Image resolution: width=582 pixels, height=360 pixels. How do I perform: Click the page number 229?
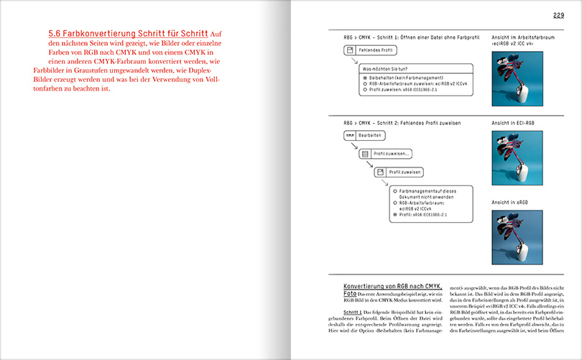pyautogui.click(x=558, y=15)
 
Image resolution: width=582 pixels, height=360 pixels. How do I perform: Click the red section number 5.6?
pyautogui.click(x=56, y=34)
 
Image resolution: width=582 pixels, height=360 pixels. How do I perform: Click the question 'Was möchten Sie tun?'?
pyautogui.click(x=388, y=70)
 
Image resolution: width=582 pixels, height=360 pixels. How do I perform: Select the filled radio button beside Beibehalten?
pyautogui.click(x=365, y=78)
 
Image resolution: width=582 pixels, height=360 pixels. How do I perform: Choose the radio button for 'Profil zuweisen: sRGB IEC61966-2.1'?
pyautogui.click(x=365, y=91)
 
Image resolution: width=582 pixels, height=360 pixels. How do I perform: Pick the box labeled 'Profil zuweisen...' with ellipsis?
pyautogui.click(x=386, y=154)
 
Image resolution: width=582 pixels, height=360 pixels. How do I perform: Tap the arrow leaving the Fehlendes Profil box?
pyautogui.click(x=352, y=61)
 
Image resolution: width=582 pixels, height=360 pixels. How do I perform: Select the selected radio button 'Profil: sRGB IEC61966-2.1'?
pyautogui.click(x=395, y=214)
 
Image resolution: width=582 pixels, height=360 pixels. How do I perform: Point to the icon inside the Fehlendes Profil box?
pyautogui.click(x=351, y=51)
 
